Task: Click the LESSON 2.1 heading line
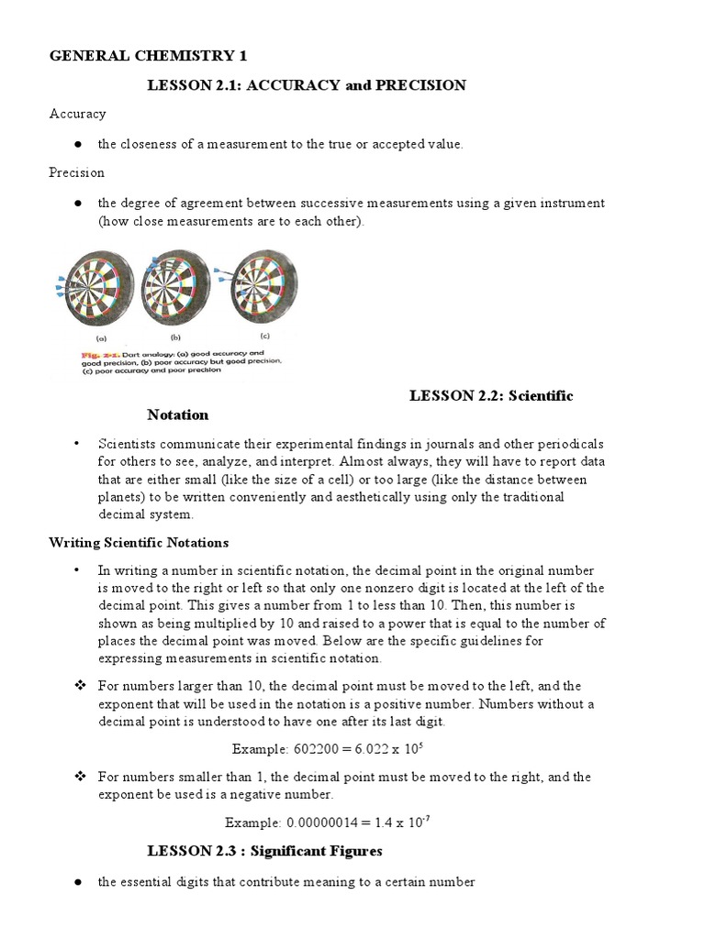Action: (x=307, y=85)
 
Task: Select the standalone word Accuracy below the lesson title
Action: (x=77, y=114)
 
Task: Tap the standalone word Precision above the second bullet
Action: (x=76, y=172)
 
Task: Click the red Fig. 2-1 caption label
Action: (x=93, y=352)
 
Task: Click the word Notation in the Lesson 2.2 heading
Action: (x=178, y=414)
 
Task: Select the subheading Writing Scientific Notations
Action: (x=139, y=542)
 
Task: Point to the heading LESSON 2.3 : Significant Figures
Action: (x=264, y=851)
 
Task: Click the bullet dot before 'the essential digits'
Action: (x=78, y=882)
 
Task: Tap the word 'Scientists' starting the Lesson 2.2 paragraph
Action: (x=128, y=443)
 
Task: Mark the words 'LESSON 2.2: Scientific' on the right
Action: (x=491, y=395)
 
